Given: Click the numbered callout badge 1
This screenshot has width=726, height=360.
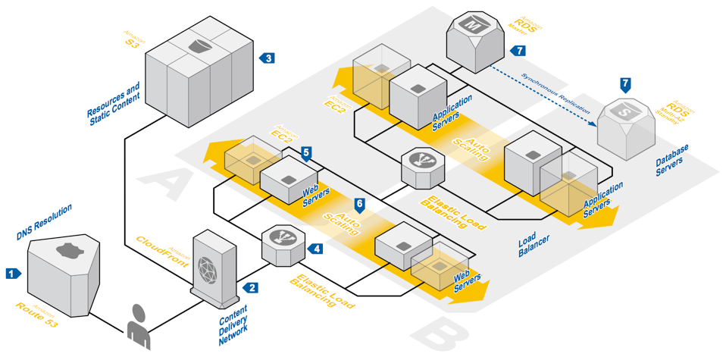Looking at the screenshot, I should (12, 273).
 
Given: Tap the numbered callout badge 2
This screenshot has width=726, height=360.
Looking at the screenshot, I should (251, 287).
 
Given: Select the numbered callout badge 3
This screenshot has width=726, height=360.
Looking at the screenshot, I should (267, 58).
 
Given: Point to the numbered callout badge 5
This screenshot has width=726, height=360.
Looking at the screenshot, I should (306, 153).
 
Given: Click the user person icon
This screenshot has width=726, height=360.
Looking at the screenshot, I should (139, 326).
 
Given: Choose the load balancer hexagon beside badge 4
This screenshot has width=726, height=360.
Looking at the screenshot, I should (283, 244).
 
